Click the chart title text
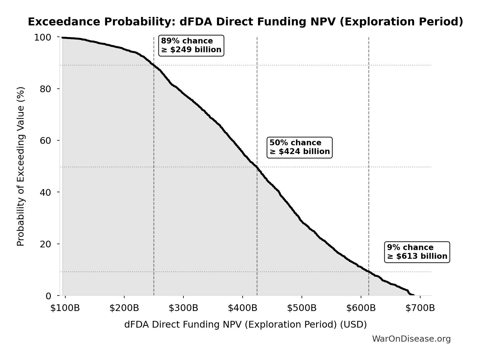pos(245,22)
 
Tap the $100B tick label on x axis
pos(65,308)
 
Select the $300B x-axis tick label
pos(183,308)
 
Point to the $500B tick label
pos(302,308)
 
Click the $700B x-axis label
pos(420,308)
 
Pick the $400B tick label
pos(242,308)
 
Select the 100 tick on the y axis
pos(43,37)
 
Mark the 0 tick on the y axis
pos(48,296)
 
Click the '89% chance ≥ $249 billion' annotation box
pos(191,46)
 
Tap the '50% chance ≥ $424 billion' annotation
pos(299,147)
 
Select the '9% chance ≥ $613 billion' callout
pos(417,252)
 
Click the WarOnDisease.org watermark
pos(411,339)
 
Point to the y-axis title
pos(21,166)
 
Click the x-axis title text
pos(245,324)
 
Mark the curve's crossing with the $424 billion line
pos(257,167)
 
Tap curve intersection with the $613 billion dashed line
pos(369,272)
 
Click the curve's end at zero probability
pos(413,295)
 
